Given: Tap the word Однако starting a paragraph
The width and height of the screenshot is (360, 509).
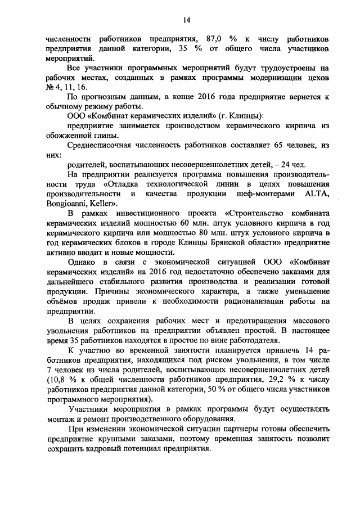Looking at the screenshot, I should click(x=83, y=263).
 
